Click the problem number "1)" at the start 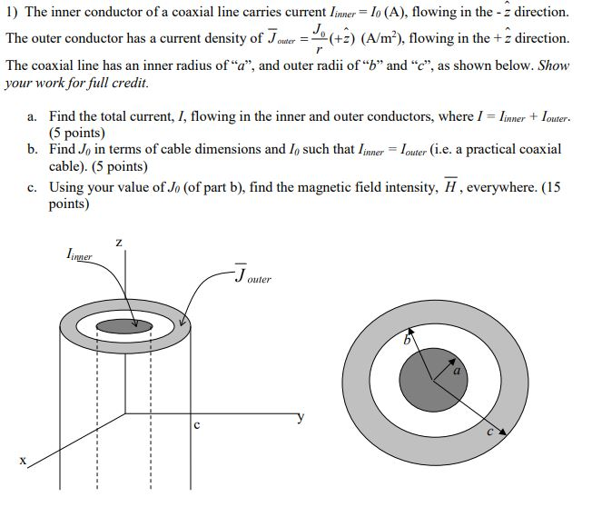[x=12, y=13]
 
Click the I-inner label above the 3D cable [x=80, y=257]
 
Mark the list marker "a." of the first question [x=33, y=117]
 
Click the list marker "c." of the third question [x=33, y=187]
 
